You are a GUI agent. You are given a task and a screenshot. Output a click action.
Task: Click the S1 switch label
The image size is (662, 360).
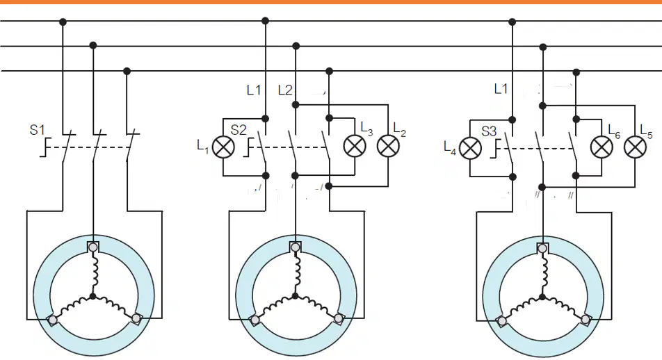[37, 129]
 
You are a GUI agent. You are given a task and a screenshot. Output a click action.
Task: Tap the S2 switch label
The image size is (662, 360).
[239, 130]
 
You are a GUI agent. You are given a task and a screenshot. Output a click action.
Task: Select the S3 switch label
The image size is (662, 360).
[489, 131]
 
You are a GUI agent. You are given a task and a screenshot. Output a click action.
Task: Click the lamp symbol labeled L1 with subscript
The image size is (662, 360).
[223, 147]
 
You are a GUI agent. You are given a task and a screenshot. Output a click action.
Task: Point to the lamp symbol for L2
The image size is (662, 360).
[388, 146]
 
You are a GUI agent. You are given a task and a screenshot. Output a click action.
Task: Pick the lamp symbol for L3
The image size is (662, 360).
[355, 146]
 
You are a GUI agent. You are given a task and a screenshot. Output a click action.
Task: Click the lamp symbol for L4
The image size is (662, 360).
[470, 148]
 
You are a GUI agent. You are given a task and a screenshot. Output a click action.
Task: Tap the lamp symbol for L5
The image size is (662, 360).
[635, 147]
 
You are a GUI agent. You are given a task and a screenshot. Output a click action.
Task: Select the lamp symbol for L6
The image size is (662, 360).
[602, 147]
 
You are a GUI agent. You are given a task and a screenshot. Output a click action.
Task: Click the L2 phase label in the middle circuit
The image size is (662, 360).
[285, 90]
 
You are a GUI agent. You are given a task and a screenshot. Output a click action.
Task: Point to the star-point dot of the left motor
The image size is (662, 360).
[93, 296]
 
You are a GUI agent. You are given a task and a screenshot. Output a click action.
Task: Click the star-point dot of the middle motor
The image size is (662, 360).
[295, 296]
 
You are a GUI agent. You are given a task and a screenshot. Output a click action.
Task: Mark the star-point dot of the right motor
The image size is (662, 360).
[542, 297]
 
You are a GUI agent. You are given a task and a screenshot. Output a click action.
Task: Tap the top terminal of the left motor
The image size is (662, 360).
[93, 247]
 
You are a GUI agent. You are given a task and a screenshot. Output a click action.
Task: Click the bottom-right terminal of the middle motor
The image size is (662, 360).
[338, 318]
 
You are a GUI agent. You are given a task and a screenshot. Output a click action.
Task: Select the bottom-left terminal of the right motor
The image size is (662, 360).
[502, 321]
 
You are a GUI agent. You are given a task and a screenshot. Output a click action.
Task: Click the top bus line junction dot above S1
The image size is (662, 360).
[63, 22]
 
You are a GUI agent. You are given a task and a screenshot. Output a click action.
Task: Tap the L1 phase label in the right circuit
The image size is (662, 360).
[501, 89]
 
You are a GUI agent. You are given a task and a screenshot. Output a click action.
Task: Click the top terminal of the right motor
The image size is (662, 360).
[542, 248]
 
